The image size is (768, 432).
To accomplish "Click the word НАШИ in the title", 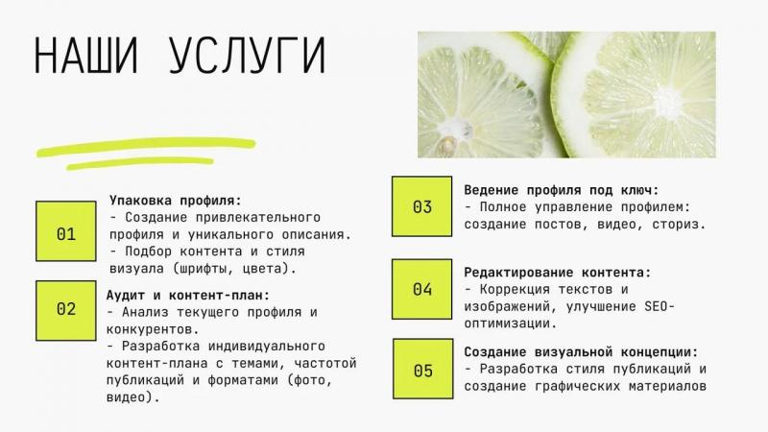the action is (86, 55).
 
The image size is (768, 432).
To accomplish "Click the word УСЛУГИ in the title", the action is (248, 55).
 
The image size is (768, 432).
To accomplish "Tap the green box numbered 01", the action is (66, 230).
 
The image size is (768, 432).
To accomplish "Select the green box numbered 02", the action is (66, 310).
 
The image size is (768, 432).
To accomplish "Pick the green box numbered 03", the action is (421, 206).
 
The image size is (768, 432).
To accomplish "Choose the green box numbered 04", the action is (421, 290).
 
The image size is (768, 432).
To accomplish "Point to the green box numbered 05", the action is (422, 369).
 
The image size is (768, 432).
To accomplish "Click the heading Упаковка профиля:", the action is (176, 201).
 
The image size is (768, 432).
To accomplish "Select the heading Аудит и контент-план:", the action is (188, 296).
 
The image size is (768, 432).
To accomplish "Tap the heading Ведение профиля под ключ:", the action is (562, 190).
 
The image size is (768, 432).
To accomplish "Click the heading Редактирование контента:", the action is (558, 273).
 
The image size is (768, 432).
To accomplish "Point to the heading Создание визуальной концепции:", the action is (581, 351).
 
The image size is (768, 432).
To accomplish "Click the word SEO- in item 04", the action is (660, 306).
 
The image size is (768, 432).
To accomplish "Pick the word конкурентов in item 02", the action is (150, 328).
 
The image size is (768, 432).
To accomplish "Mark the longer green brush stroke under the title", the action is (146, 147).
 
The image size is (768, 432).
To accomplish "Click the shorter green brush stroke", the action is (140, 163).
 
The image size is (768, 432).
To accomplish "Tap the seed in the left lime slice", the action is (446, 145).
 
